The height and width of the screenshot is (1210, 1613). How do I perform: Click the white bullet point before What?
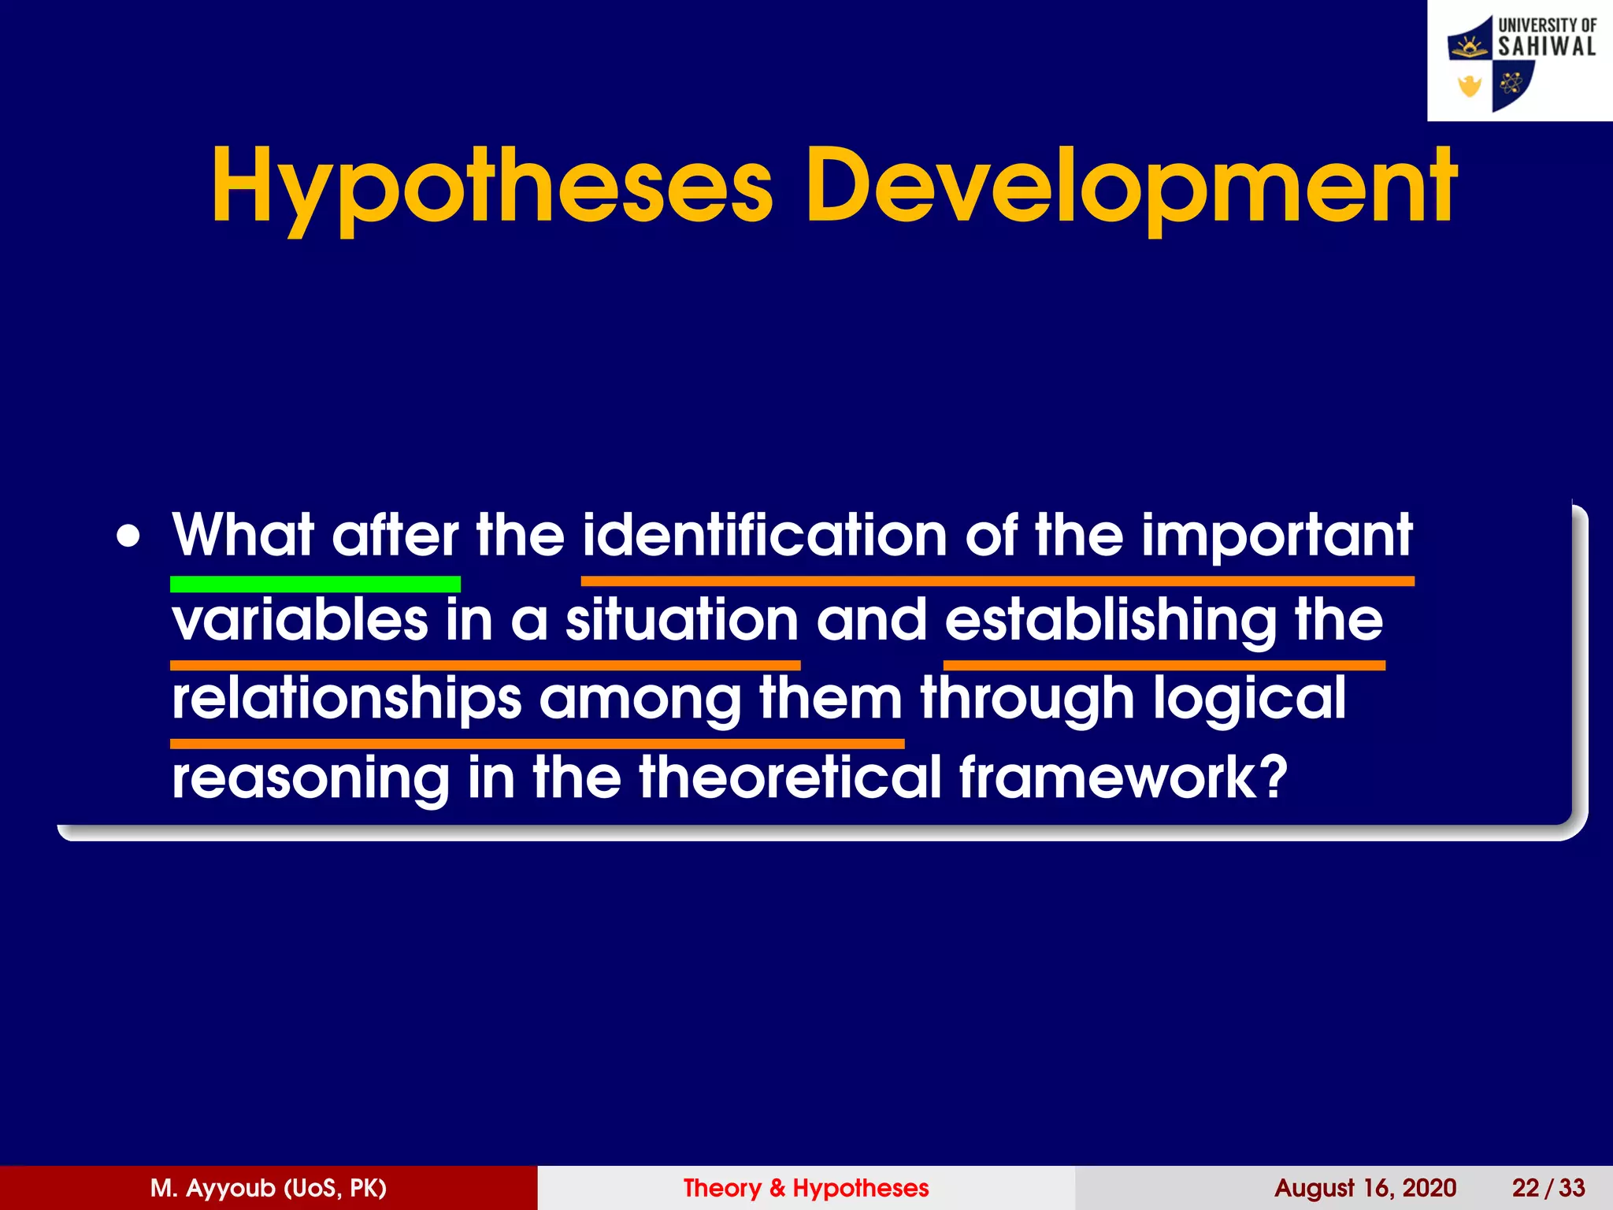128,538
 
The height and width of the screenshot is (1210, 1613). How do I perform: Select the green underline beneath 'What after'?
315,584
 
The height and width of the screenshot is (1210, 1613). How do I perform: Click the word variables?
300,619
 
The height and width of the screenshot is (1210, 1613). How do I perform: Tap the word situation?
682,621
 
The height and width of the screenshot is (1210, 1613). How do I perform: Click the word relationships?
347,700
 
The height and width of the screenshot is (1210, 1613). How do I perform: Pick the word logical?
1251,700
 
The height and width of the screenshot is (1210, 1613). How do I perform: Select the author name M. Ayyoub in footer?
268,1188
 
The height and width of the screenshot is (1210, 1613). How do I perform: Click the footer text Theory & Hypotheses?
806,1188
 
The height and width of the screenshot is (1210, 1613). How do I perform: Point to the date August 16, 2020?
1365,1188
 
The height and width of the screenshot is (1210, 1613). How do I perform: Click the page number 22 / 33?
1548,1188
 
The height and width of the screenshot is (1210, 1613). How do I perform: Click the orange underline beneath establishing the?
1164,666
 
